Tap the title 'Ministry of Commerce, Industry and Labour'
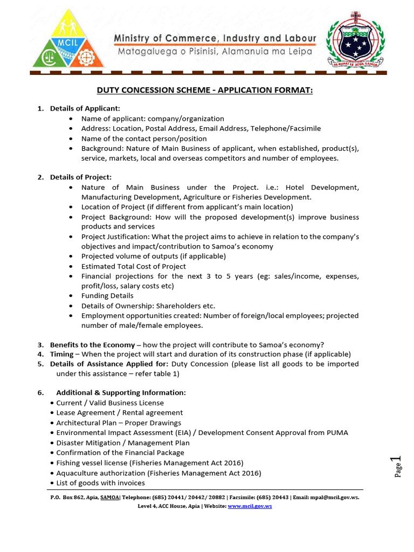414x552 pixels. pos(215,39)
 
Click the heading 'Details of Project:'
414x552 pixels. pos(81,177)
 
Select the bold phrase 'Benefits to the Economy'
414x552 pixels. pos(92,345)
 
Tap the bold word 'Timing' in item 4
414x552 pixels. pos(61,354)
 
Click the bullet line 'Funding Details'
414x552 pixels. pos(107,296)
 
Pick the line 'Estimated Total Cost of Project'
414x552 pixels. pos(134,266)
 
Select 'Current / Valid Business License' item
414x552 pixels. pos(110,403)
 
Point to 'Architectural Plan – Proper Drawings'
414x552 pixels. pos(119,423)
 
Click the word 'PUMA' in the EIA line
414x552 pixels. pos(337,433)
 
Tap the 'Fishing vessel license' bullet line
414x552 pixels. pos(150,463)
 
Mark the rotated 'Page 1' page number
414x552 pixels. pos(398,467)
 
